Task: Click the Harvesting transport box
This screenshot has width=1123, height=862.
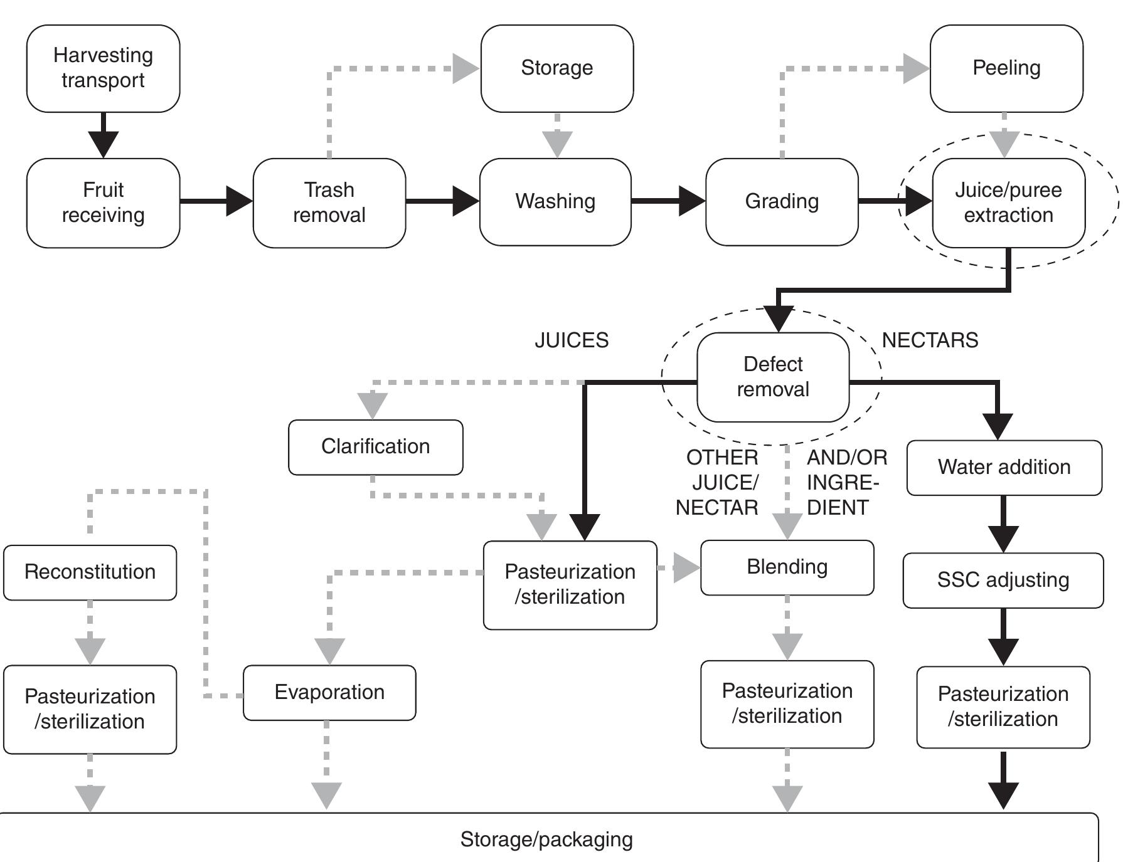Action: click(x=103, y=68)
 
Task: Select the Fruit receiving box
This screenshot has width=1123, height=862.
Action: click(x=103, y=202)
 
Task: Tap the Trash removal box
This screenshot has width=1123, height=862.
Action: click(x=329, y=202)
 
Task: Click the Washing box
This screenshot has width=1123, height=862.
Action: click(x=555, y=201)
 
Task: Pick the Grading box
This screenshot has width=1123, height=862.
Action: click(x=782, y=201)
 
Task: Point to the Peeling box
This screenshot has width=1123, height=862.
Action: click(x=1006, y=68)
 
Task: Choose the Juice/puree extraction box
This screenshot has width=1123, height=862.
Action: click(x=1008, y=202)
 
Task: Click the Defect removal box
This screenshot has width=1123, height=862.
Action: click(x=773, y=377)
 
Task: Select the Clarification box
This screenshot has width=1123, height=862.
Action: click(x=375, y=446)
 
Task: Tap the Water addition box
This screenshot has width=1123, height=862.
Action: click(x=1004, y=467)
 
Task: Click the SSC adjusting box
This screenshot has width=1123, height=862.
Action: click(x=1003, y=580)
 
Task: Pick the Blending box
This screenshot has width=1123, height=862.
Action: click(x=787, y=567)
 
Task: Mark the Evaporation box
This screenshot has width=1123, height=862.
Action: click(x=329, y=692)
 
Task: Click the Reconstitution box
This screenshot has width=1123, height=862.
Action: click(x=90, y=572)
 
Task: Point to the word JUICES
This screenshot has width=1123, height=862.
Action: click(x=572, y=340)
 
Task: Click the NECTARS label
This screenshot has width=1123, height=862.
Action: click(x=930, y=340)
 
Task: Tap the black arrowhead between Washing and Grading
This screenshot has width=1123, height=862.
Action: click(x=691, y=201)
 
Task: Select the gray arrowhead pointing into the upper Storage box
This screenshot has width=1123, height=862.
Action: click(x=465, y=68)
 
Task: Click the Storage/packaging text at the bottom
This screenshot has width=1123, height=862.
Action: click(x=546, y=839)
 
